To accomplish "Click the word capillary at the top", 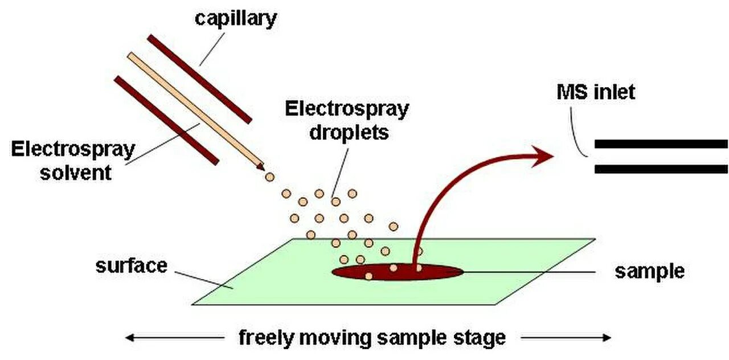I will click(235, 18).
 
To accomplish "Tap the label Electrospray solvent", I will click(73, 161).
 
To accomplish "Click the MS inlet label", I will click(595, 92).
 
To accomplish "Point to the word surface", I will click(132, 265).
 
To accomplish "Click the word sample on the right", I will click(649, 271).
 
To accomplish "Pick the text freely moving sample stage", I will click(372, 338).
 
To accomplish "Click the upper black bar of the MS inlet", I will click(661, 144).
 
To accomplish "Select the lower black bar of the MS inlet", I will click(661, 169).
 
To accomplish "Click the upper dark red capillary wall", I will click(199, 79).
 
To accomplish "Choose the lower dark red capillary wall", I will click(166, 120).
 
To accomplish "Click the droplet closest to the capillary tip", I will click(269, 177).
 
